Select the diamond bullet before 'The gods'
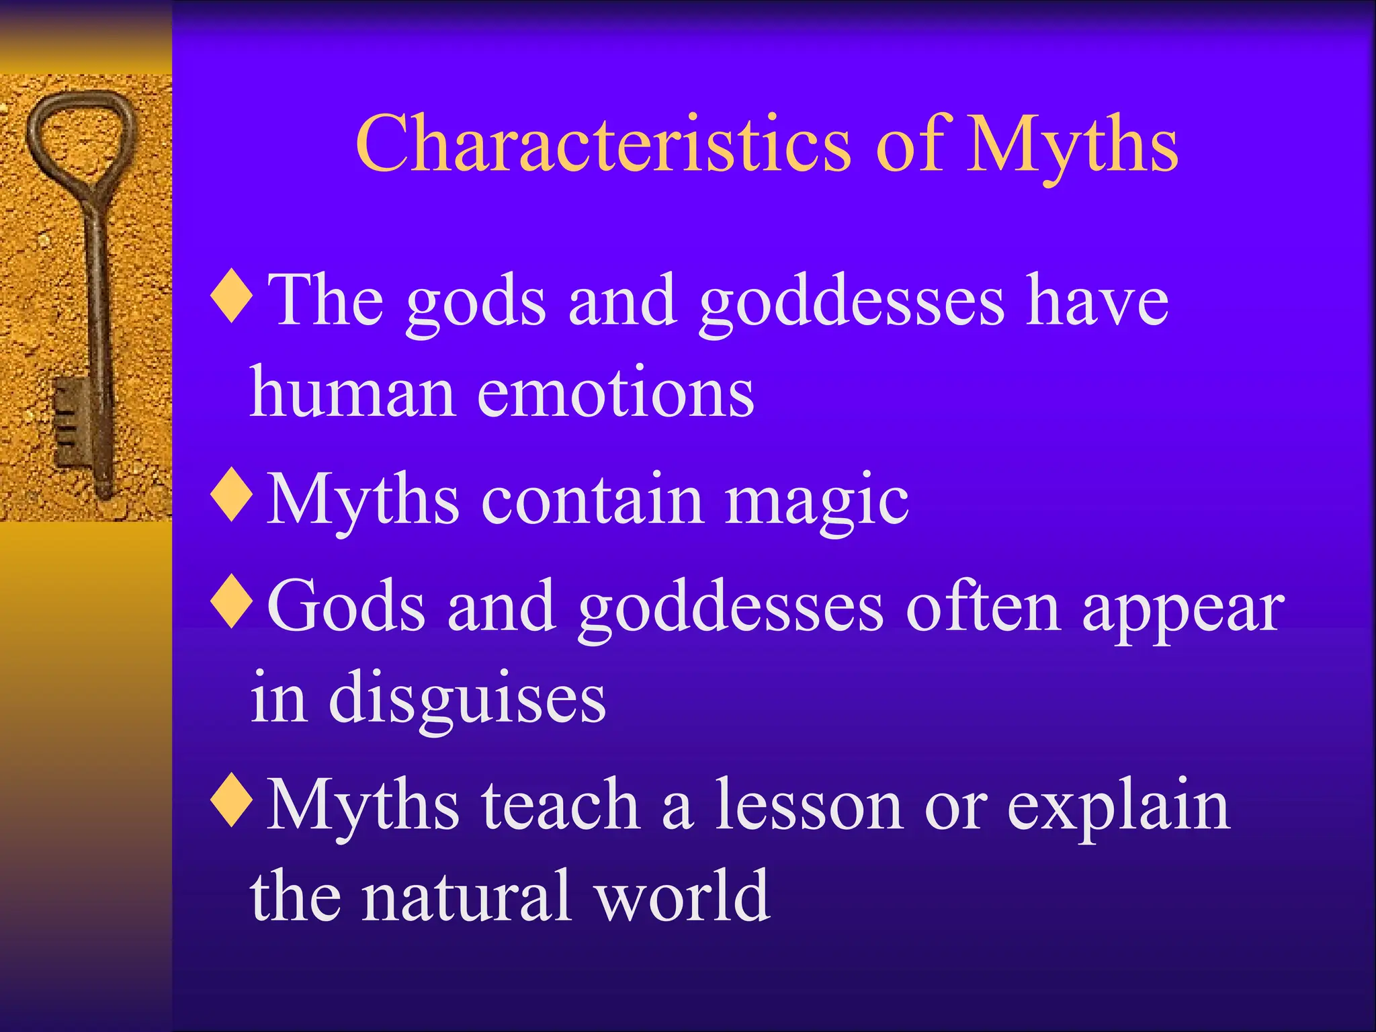231,296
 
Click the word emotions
615,393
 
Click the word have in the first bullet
1097,302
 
